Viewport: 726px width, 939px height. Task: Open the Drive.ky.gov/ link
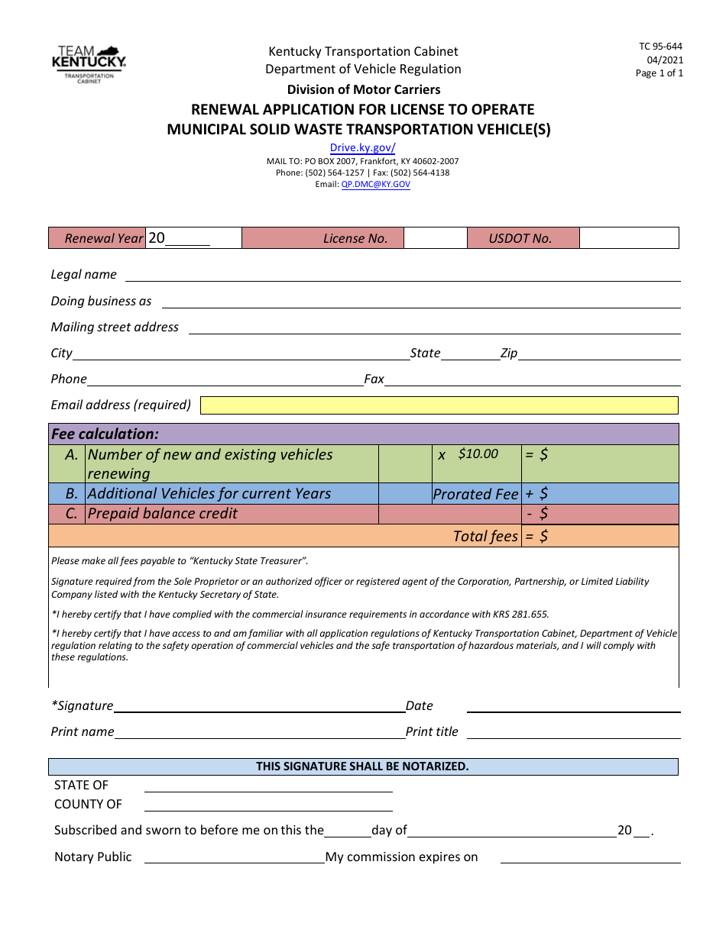tap(362, 148)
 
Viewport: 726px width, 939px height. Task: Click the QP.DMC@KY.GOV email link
tap(375, 185)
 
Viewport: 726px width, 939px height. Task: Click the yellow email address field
tap(439, 405)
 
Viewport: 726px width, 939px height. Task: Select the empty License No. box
tap(435, 238)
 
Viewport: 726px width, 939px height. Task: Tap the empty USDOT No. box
tap(628, 238)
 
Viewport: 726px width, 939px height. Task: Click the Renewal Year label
tap(103, 238)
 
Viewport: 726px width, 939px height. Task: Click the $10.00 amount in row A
tap(478, 454)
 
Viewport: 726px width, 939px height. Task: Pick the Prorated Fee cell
tap(475, 494)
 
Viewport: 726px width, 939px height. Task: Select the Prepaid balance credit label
tap(162, 514)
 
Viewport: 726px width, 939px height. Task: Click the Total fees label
tap(485, 536)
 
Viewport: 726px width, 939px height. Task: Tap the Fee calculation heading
tap(105, 434)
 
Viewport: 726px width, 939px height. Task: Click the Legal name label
tap(83, 275)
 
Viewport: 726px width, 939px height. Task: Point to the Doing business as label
tap(101, 302)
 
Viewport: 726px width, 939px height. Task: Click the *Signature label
tap(82, 706)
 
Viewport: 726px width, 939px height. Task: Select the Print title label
tap(432, 732)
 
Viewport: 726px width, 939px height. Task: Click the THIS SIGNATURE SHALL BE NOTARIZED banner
tap(362, 766)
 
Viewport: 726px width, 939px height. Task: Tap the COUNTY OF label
tap(88, 805)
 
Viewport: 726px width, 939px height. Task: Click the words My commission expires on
tap(401, 857)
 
